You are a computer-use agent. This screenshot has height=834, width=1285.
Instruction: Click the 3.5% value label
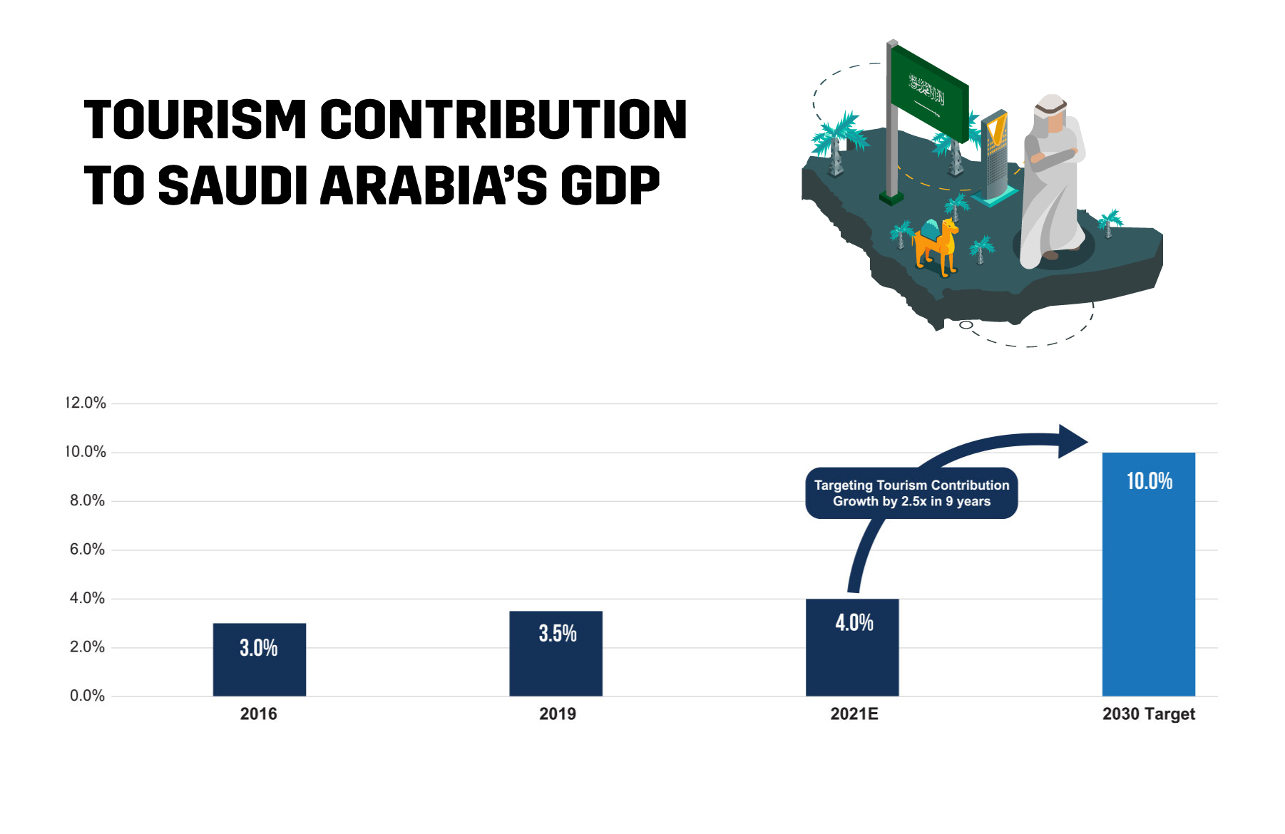tap(557, 633)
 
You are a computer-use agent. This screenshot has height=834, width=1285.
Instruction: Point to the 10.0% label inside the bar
tap(1149, 481)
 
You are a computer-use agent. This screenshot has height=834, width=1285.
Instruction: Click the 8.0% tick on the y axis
tap(87, 500)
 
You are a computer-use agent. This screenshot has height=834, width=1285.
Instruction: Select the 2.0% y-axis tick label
tap(87, 647)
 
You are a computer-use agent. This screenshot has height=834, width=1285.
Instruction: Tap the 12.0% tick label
tap(86, 403)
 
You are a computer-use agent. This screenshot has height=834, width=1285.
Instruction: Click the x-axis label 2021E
tap(854, 714)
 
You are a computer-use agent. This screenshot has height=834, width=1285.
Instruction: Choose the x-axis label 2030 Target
tap(1148, 714)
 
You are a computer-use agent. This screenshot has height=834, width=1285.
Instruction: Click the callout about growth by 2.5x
tap(911, 493)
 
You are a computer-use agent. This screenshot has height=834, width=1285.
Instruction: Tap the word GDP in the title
tap(610, 185)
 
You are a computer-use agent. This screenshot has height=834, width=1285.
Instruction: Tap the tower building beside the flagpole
tap(995, 157)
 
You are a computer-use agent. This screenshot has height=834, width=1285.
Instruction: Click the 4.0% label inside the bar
tap(854, 622)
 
